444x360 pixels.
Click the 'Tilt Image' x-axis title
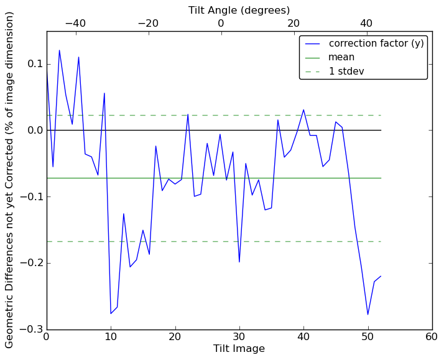pos(239,349)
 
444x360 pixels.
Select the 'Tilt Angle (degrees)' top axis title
pos(239,11)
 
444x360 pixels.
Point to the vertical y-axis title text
pos(10,180)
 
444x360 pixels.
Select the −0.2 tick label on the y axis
pos(28,263)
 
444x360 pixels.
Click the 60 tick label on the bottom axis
pos(432,337)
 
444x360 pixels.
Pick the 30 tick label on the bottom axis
pos(239,337)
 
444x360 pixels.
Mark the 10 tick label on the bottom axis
pos(111,337)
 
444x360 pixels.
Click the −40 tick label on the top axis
pos(75,24)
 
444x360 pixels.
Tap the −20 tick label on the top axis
pos(148,24)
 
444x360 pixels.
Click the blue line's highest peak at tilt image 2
pos(60,50)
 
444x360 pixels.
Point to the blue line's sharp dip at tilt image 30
pos(239,262)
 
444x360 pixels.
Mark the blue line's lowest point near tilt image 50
pos(368,315)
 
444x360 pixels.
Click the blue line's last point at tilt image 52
pos(381,276)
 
